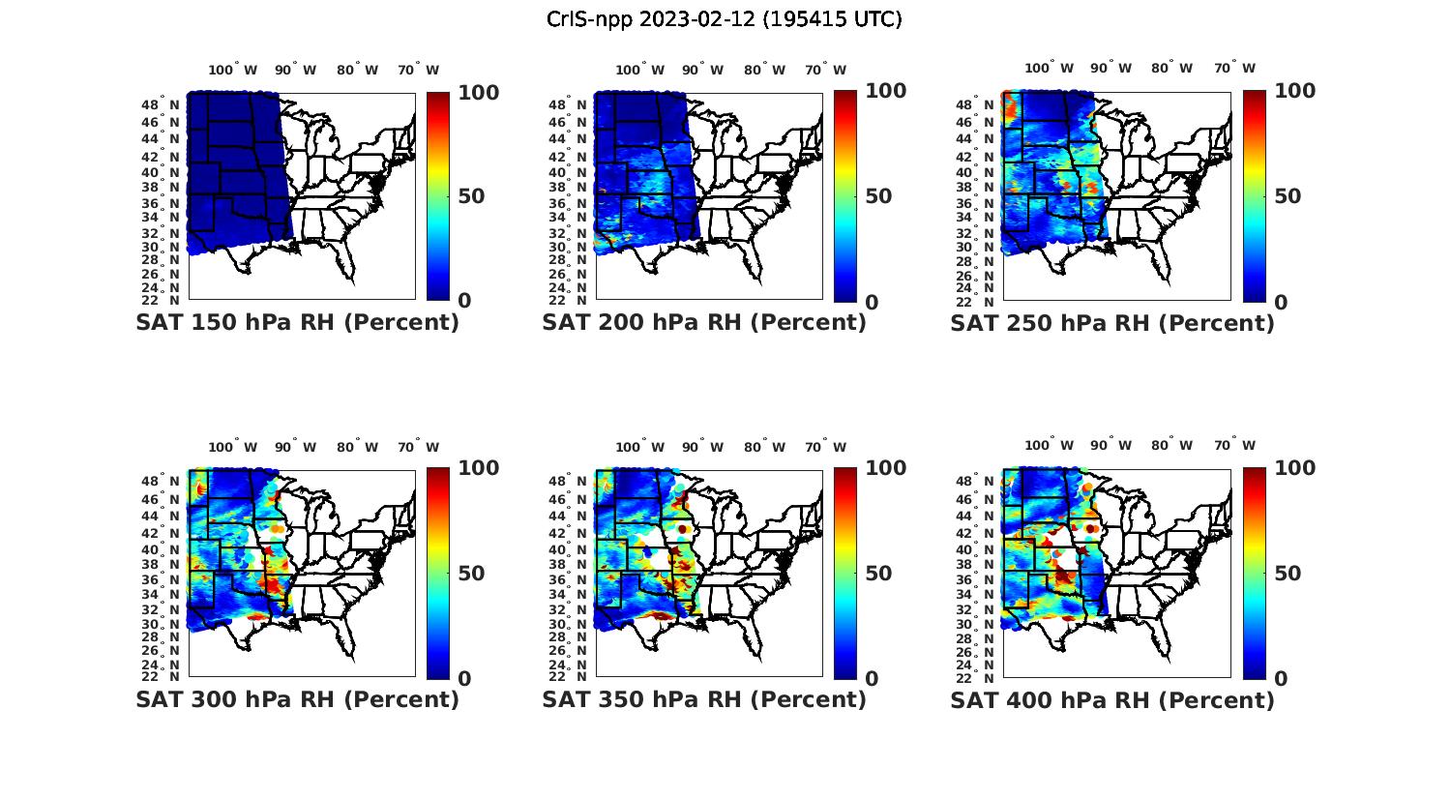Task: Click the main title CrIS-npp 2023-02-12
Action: pyautogui.click(x=724, y=19)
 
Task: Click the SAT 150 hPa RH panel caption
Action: pyautogui.click(x=297, y=323)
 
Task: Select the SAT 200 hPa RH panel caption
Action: pyautogui.click(x=704, y=323)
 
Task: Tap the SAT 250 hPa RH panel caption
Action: pyautogui.click(x=1112, y=323)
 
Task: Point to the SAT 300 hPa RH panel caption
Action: pyautogui.click(x=297, y=699)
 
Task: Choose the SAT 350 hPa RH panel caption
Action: pyautogui.click(x=704, y=699)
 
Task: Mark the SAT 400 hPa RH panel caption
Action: pyautogui.click(x=1112, y=699)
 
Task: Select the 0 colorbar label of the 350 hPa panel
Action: pyautogui.click(x=872, y=679)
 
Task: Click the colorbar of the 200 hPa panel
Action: pyautogui.click(x=845, y=196)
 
